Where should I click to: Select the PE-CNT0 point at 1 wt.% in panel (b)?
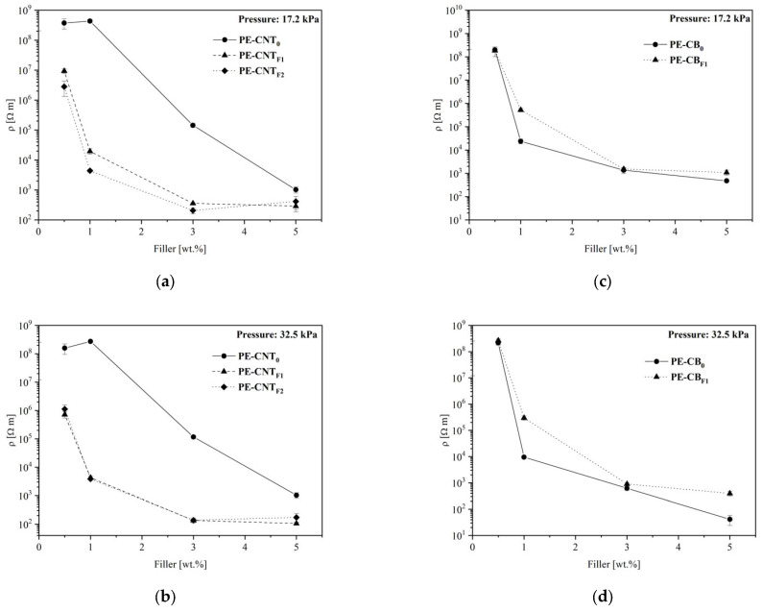coord(90,341)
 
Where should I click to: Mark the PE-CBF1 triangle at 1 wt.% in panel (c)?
coord(520,110)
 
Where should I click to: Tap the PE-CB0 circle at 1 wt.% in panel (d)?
coord(524,457)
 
